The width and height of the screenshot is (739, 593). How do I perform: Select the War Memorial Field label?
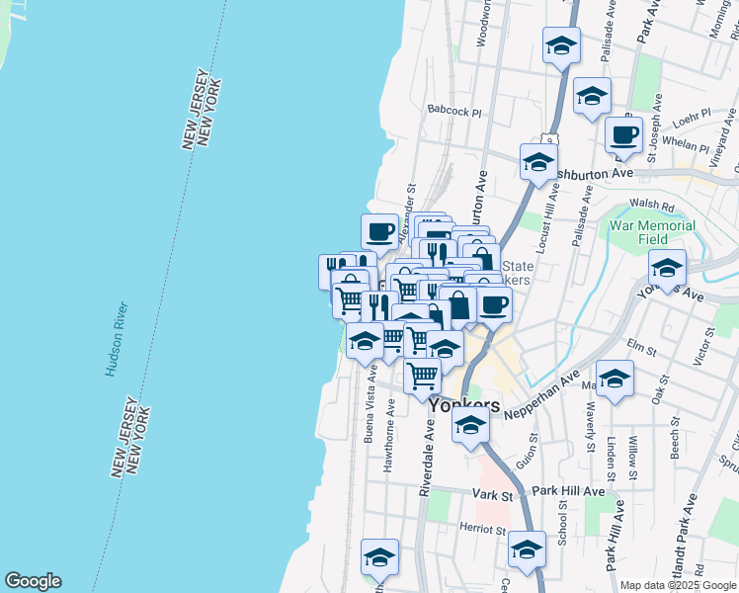652,232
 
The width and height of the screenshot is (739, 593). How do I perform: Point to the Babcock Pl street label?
453,113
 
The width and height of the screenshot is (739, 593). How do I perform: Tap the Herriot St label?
483,529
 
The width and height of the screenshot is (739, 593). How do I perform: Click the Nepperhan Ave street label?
541,396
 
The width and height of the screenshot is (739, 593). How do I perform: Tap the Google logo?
33,581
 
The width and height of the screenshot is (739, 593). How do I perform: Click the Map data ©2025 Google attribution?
679,585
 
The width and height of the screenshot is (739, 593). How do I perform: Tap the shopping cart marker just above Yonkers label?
423,375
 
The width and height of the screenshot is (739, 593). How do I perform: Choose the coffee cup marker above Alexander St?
379,232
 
